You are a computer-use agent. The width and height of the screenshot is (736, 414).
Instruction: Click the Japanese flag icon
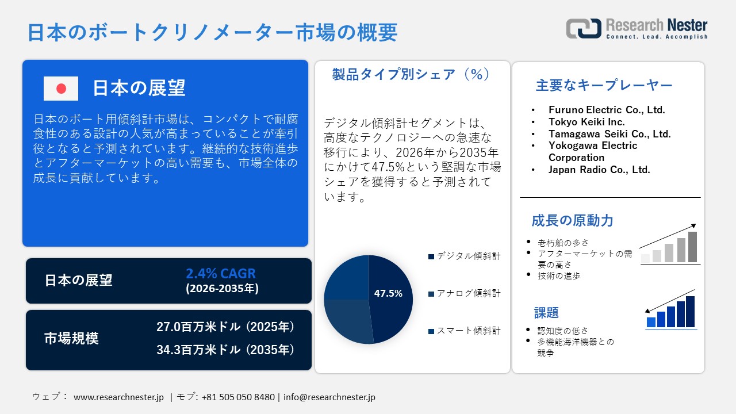tap(61, 89)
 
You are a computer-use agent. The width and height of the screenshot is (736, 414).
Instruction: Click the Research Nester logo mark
tap(583, 28)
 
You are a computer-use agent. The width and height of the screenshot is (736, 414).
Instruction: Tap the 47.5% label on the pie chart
tap(388, 293)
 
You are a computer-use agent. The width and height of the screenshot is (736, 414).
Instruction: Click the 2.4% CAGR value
tap(221, 273)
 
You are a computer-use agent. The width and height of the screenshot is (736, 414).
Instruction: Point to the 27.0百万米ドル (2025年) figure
tap(225, 327)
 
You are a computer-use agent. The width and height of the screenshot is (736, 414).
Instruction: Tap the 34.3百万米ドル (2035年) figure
tap(225, 349)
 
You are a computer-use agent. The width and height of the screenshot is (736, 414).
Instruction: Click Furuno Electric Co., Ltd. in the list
tap(606, 110)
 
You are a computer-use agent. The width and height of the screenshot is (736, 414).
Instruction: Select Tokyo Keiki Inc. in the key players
tap(586, 122)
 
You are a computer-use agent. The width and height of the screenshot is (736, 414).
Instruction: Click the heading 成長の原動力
tap(572, 220)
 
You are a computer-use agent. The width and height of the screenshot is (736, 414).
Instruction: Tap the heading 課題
tap(546, 313)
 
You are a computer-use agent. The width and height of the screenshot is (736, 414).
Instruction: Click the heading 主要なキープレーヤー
tap(604, 86)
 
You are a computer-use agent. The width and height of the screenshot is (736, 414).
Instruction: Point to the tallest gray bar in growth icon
tap(692, 247)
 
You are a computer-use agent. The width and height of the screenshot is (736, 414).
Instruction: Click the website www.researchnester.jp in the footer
tap(119, 397)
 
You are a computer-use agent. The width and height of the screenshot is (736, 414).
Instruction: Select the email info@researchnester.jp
tap(329, 397)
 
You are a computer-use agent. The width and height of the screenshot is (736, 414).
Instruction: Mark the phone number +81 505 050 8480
tap(238, 397)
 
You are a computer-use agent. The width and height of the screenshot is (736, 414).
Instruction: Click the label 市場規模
tap(72, 339)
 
